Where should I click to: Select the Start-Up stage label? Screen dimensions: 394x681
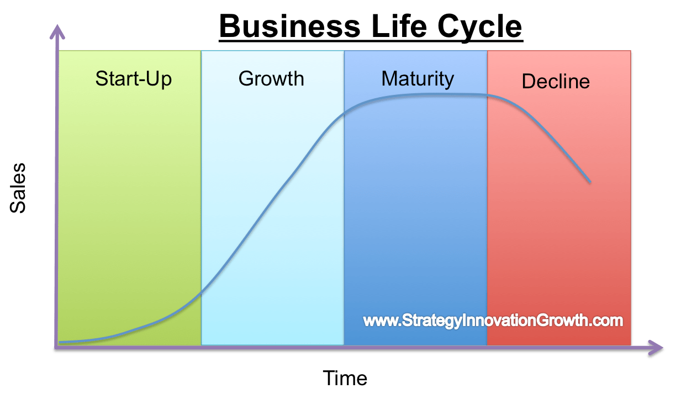(x=134, y=78)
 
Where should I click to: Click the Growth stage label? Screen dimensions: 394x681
(x=271, y=78)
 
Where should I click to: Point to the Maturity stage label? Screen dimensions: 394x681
(x=418, y=79)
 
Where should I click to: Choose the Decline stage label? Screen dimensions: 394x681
(x=556, y=82)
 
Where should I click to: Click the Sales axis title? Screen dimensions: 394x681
(x=18, y=188)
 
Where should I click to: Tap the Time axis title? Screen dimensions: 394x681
(x=345, y=379)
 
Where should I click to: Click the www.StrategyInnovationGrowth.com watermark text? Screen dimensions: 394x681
(x=493, y=321)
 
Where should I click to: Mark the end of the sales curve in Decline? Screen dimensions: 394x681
(x=590, y=182)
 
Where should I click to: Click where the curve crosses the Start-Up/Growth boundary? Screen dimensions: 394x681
(x=201, y=292)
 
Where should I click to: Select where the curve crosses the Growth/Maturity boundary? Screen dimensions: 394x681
(x=344, y=113)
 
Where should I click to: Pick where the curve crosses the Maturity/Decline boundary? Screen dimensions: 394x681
(x=487, y=95)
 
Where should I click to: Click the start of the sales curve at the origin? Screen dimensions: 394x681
(x=60, y=342)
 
